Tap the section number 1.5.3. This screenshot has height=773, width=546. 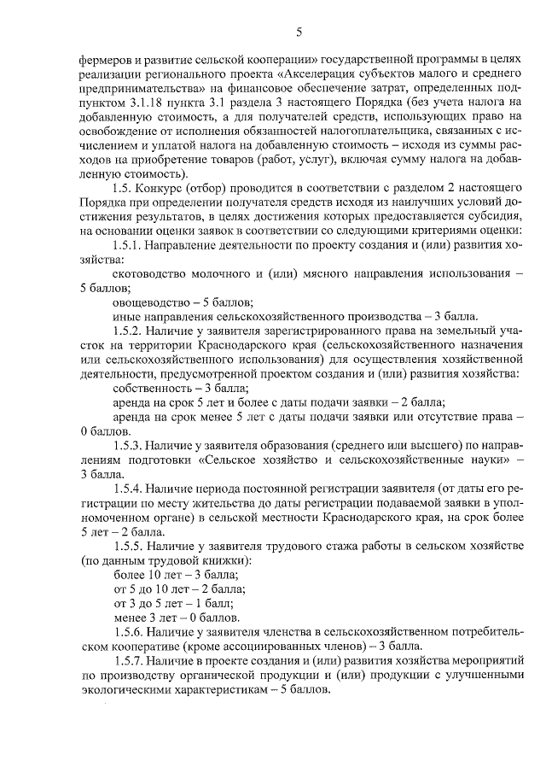coord(129,443)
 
